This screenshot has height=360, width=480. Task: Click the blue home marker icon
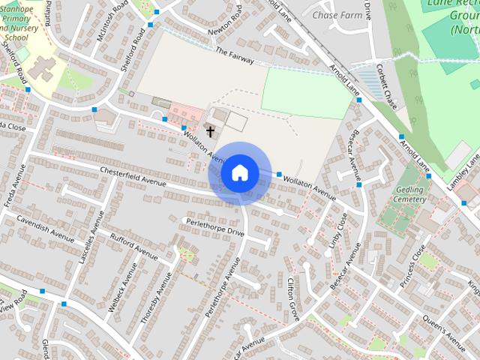coord(240,173)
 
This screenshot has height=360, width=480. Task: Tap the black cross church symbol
coord(211,132)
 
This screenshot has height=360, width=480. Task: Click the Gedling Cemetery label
coord(409,195)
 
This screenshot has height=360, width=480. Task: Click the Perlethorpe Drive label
coord(215,226)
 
